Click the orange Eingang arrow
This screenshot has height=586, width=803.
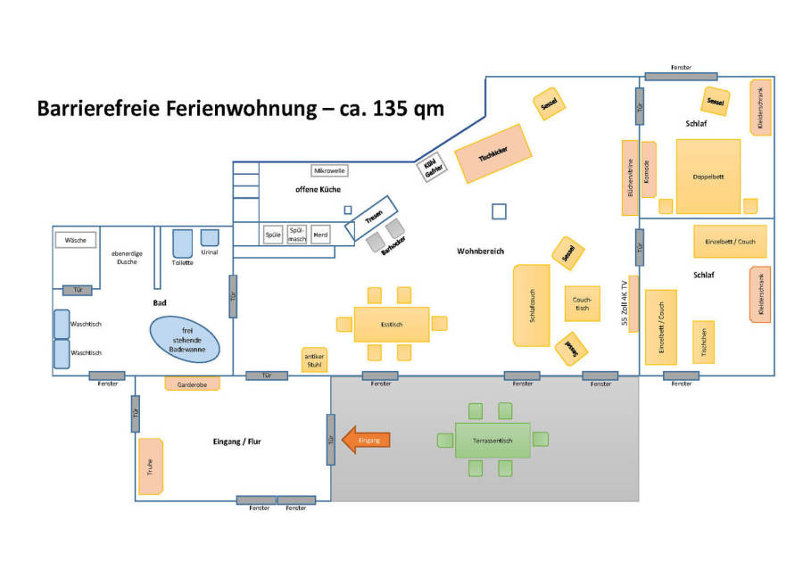coord(367,440)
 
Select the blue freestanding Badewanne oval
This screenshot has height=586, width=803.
coord(187,338)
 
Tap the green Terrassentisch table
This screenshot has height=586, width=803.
coord(493,440)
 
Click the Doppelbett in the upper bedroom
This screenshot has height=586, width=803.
coord(708,177)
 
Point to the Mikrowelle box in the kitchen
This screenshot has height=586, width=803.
coord(329,170)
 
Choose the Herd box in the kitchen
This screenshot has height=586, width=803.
coord(320,235)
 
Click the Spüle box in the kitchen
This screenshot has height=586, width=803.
coord(273,235)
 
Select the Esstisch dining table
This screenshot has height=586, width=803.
coord(391,324)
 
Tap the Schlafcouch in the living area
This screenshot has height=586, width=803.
coord(531,305)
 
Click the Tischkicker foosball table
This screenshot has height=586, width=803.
coord(493,153)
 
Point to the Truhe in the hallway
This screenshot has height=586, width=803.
coord(151,466)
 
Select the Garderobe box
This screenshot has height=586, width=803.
coord(192,384)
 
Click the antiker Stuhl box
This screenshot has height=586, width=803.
coord(315,359)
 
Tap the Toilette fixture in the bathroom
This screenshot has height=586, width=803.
coord(182,244)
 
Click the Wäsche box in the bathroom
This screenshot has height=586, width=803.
coord(76,240)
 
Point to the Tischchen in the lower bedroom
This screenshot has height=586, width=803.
coord(704,342)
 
